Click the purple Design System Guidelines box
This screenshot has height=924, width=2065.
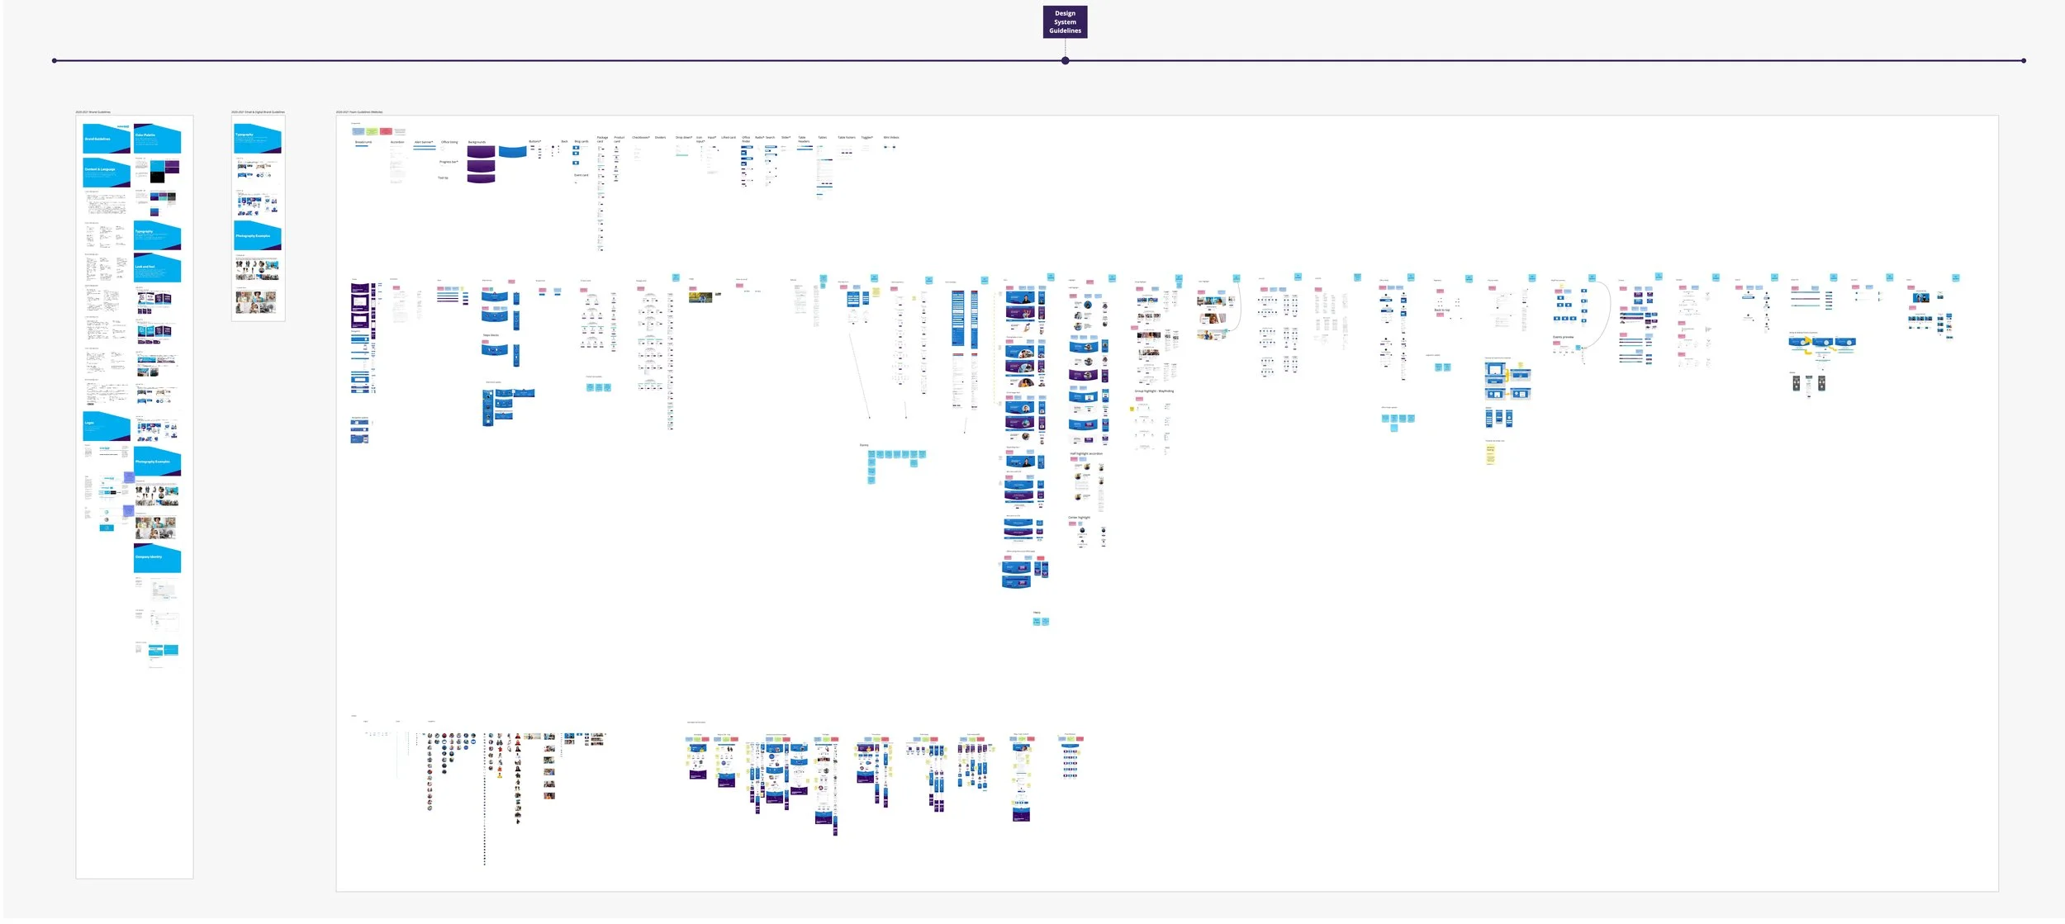point(1065,22)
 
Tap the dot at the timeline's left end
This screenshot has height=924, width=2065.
point(55,61)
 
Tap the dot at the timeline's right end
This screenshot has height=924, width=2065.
point(2024,61)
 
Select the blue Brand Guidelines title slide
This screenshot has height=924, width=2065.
point(107,139)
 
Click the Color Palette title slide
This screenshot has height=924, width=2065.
point(157,138)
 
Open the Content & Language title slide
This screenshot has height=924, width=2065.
point(107,172)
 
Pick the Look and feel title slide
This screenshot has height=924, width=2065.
point(157,268)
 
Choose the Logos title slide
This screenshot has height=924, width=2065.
point(107,424)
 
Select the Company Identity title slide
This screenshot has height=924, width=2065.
point(157,558)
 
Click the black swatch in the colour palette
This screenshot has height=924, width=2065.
point(157,178)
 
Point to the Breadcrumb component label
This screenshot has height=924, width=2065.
point(363,142)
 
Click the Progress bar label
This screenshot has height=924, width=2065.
point(449,162)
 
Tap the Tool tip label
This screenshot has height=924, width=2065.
point(443,178)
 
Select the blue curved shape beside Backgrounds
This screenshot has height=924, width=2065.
point(512,152)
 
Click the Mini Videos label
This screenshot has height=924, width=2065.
point(891,138)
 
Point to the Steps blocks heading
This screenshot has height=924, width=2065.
point(491,335)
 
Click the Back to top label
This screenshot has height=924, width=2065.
point(1441,310)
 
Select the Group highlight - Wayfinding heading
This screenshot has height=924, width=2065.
point(1154,391)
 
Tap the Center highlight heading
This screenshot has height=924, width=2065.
point(1079,518)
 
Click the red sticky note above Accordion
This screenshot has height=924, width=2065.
point(386,131)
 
